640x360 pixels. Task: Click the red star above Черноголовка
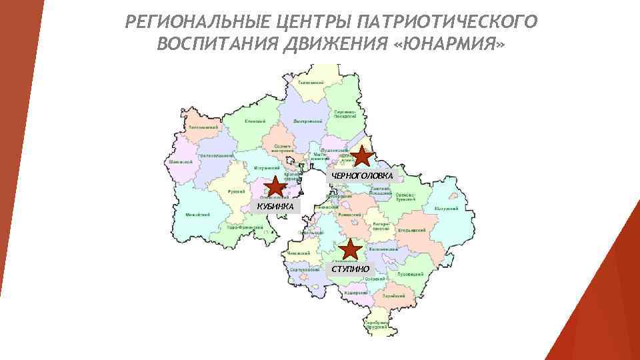pyautogui.click(x=361, y=157)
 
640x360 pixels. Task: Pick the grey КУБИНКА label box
pyautogui.click(x=275, y=206)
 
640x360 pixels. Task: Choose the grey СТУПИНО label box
pyautogui.click(x=351, y=268)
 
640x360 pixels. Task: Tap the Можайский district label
pyautogui.click(x=198, y=215)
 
